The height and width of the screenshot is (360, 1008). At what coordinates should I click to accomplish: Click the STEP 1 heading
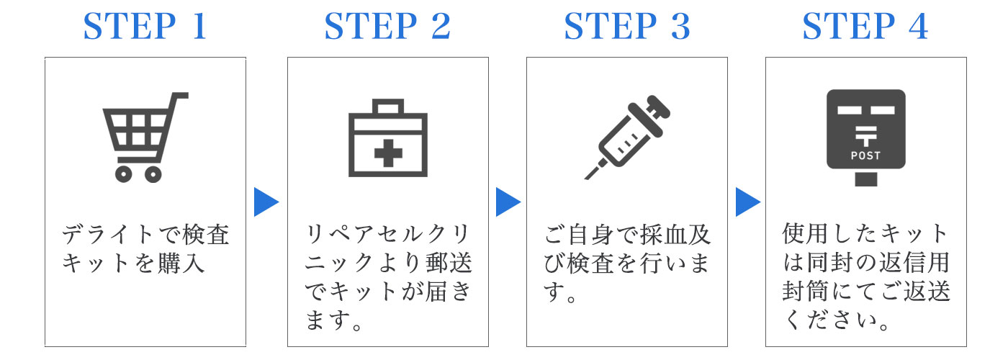(x=145, y=26)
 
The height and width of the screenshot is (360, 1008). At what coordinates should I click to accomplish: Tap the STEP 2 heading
(x=387, y=26)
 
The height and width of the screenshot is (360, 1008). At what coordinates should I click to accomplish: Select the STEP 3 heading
(x=627, y=26)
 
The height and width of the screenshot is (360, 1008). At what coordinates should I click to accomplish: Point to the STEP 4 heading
(x=865, y=26)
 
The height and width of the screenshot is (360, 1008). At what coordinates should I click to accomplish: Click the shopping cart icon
(x=145, y=138)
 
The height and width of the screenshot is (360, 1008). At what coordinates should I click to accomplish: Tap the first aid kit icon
(x=388, y=138)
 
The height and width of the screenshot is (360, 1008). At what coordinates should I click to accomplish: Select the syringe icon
(x=627, y=138)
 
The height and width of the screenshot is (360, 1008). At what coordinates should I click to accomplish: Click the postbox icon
(x=865, y=138)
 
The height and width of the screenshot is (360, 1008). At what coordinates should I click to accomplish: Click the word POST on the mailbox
(x=865, y=156)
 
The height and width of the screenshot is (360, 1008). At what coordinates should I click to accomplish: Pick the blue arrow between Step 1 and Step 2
(x=266, y=202)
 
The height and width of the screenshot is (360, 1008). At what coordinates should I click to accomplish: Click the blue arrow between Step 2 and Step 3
(x=508, y=202)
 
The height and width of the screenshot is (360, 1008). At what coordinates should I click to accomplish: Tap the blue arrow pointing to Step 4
(x=747, y=202)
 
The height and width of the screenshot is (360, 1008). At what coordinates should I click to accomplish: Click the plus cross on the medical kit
(x=388, y=153)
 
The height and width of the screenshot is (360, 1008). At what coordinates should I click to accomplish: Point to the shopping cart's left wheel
(x=123, y=174)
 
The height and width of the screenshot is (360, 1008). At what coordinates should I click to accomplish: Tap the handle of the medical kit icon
(x=388, y=107)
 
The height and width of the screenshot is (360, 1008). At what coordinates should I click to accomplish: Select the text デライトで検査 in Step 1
(x=145, y=235)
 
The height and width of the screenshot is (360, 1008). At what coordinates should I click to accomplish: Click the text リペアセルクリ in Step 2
(x=387, y=235)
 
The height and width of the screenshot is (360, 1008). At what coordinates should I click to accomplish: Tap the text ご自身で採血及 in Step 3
(x=627, y=235)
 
